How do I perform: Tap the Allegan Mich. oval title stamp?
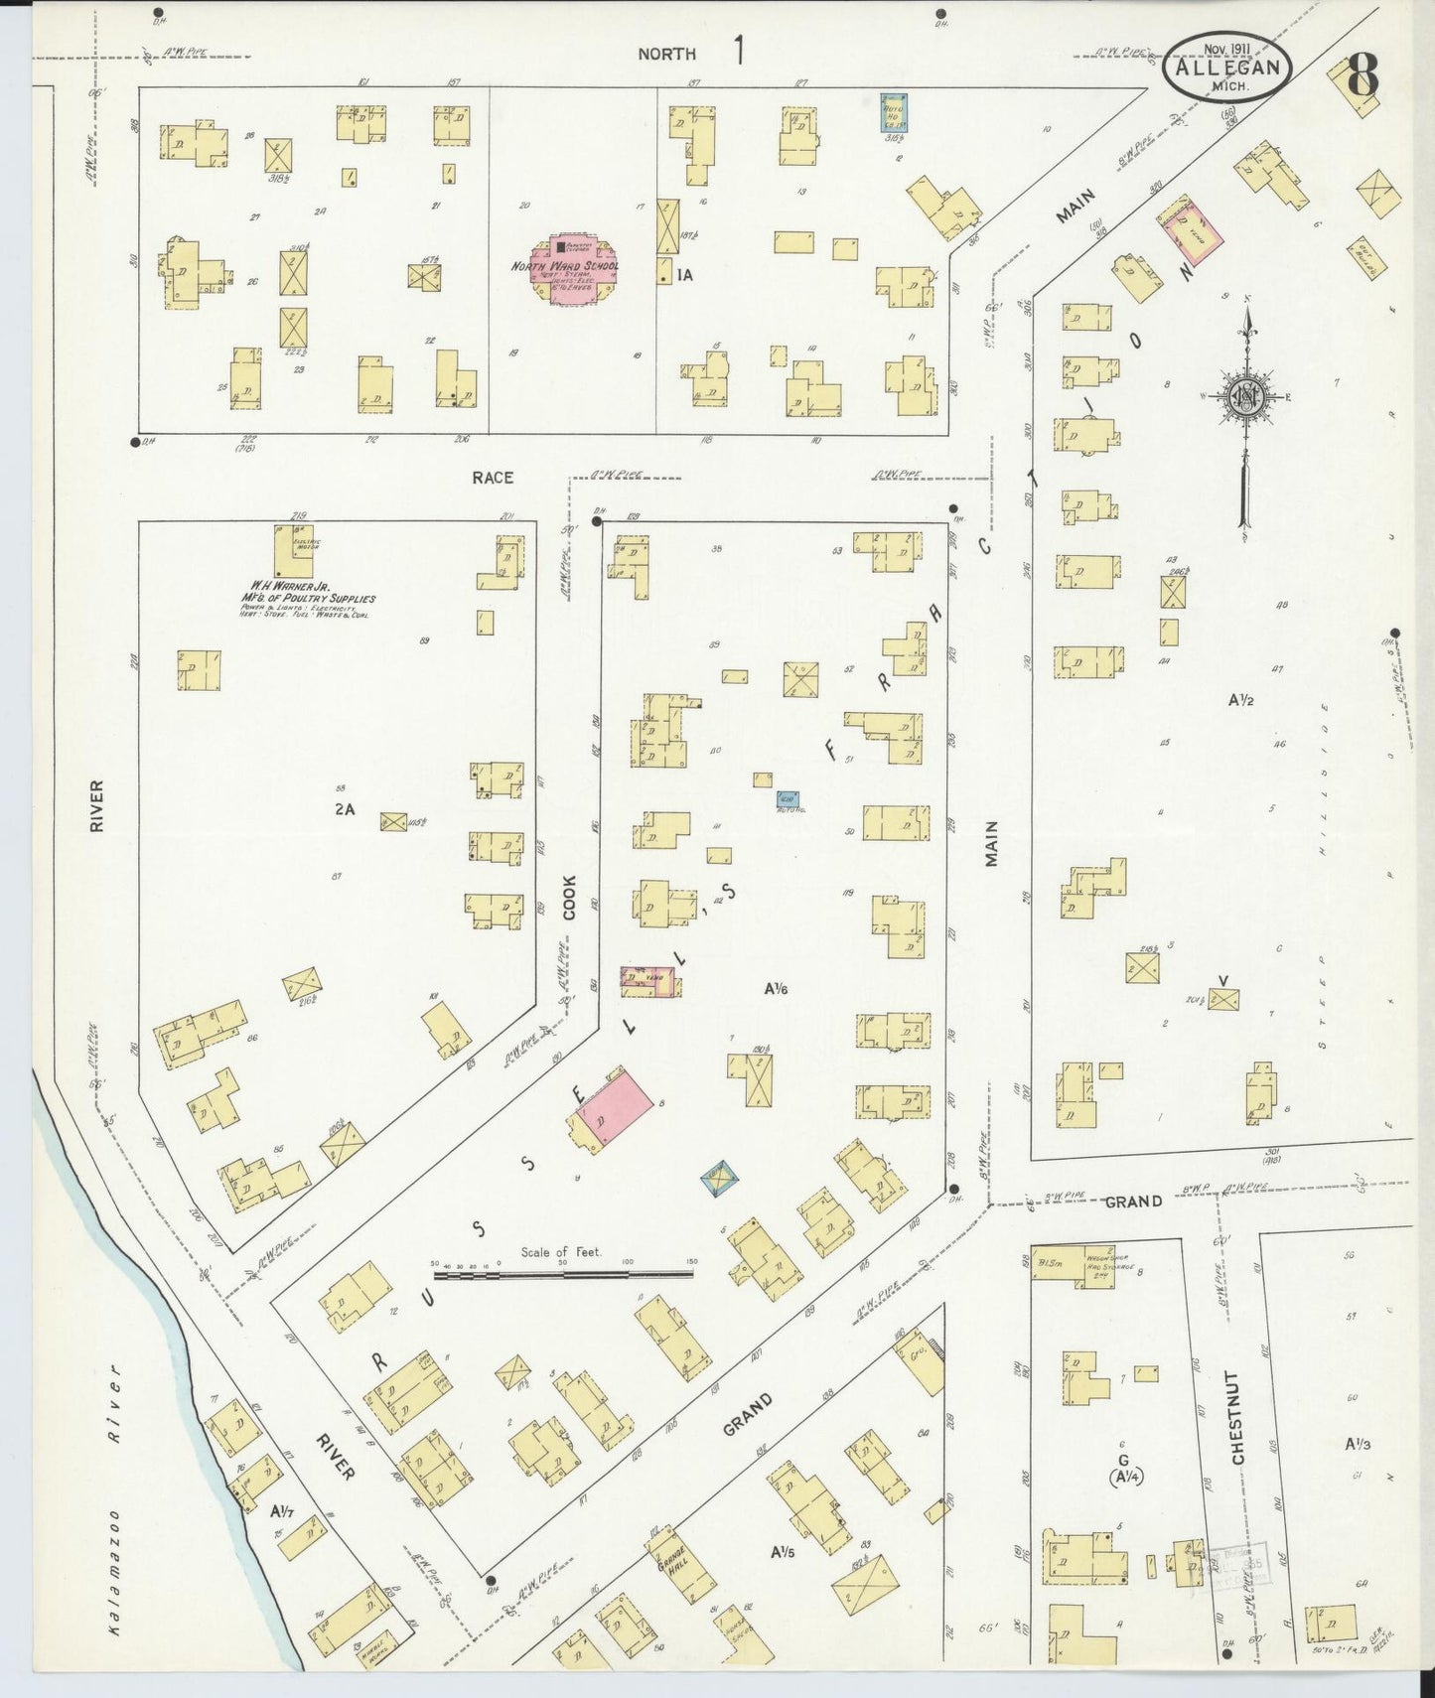pos(1228,67)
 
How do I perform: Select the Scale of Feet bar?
pos(564,1271)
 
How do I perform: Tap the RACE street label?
pos(493,478)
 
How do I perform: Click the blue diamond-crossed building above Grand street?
pos(720,1179)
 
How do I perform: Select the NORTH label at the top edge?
pos(666,55)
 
